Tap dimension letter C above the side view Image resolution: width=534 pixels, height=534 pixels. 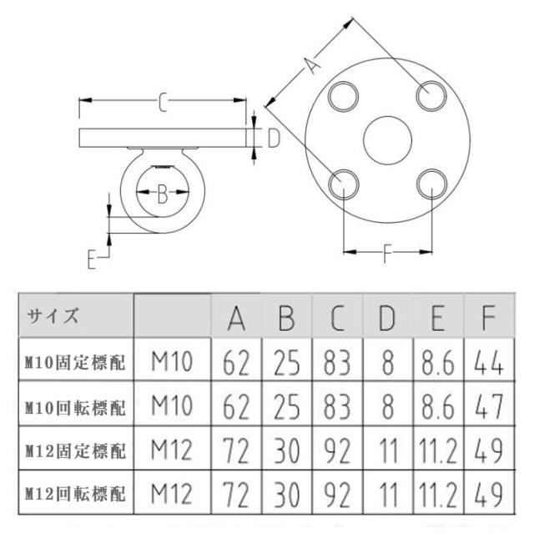pos(164,103)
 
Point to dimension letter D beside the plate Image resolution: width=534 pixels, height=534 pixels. pos(273,139)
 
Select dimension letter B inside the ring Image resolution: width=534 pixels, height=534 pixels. pos(164,195)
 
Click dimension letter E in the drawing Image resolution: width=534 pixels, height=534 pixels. pos(93,259)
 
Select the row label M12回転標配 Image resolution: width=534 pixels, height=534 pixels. pos(75,496)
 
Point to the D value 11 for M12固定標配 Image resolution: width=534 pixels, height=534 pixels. pos(386,451)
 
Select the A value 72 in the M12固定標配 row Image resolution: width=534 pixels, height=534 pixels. pos(237,451)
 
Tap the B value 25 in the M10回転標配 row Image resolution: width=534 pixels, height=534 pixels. pos(287,407)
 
